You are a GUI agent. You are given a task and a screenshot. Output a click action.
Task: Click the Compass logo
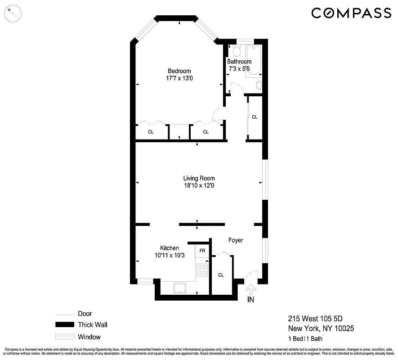pos(351,13)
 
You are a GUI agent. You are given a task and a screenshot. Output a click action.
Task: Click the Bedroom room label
pos(179,71)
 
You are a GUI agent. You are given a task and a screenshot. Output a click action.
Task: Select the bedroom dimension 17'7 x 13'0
pos(179,78)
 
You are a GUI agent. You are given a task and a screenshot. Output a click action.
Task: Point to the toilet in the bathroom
pos(237,51)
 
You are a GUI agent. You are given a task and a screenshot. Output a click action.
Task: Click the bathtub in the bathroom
pos(253,61)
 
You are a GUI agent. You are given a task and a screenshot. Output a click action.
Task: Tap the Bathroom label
pos(239,62)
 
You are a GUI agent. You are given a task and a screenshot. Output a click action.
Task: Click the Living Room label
pos(198,178)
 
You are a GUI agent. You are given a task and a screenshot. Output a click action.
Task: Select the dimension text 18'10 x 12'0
pos(198,185)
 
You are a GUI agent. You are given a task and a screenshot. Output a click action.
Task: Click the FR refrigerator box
pos(202,250)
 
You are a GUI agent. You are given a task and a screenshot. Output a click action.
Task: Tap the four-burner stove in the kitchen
pos(202,270)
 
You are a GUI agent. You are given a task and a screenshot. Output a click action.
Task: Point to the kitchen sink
pos(179,288)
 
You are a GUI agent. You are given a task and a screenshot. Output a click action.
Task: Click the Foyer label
pos(235,240)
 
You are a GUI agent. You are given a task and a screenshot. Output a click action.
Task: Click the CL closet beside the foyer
pos(221,275)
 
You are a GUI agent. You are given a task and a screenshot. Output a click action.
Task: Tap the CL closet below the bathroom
pos(255,117)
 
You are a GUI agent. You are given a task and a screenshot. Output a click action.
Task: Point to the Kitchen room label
pos(170,248)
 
